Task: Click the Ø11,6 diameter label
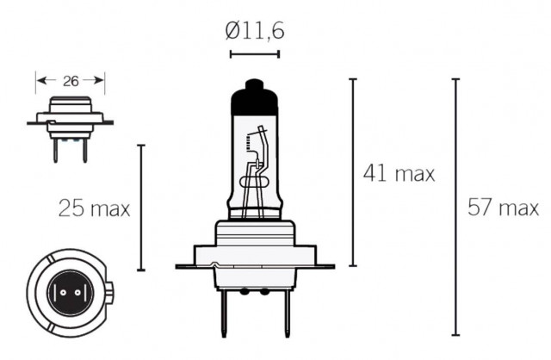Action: pyautogui.click(x=255, y=31)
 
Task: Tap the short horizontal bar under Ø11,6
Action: pyautogui.click(x=255, y=54)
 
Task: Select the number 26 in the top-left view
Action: pyautogui.click(x=71, y=82)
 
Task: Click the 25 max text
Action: pyautogui.click(x=94, y=208)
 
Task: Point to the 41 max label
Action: pyautogui.click(x=398, y=173)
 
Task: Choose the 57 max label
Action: pyautogui.click(x=503, y=208)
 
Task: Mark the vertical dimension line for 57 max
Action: pyautogui.click(x=455, y=207)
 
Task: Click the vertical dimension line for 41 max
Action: pyautogui.click(x=352, y=172)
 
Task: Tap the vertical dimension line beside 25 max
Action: pyautogui.click(x=141, y=207)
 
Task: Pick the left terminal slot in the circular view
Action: pyautogui.click(x=59, y=293)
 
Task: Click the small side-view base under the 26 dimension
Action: pyautogui.click(x=69, y=121)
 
